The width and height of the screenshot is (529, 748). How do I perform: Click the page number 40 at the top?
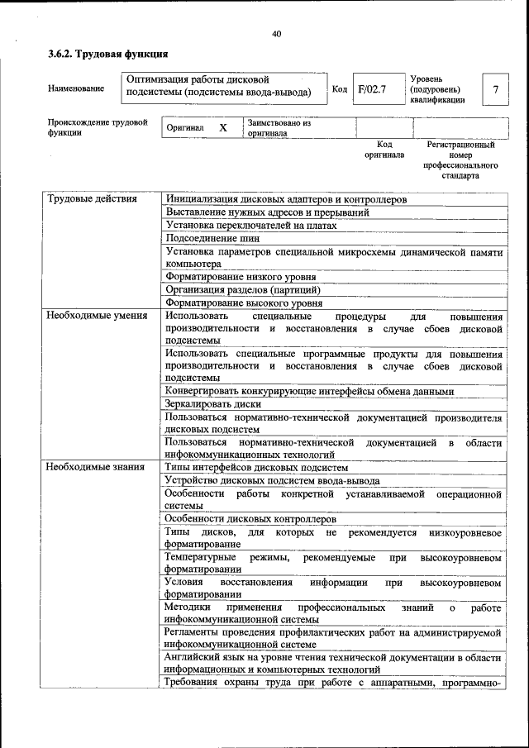276,34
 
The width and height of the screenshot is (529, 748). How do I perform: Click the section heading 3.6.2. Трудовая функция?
108,55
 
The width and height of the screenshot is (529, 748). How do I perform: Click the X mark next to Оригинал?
222,129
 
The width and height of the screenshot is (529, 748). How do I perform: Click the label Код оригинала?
384,150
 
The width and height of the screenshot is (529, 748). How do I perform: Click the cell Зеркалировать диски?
213,404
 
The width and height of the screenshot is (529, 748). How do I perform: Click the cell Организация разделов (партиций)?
242,290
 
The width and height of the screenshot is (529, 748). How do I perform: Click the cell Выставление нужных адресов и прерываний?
266,212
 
